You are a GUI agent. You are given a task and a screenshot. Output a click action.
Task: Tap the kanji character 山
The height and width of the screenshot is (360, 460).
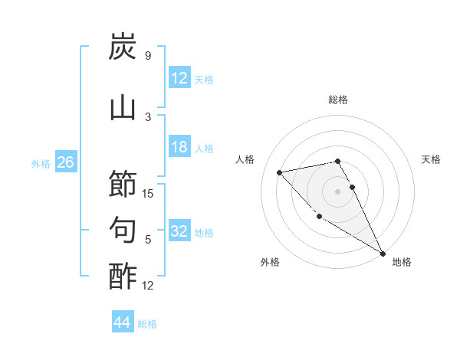[123, 108]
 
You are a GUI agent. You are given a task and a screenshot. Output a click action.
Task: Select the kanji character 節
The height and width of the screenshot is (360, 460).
[123, 185]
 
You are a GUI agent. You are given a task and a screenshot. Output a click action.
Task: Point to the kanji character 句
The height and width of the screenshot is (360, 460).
[123, 230]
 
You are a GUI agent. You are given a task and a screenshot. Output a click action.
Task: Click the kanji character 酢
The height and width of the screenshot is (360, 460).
[123, 276]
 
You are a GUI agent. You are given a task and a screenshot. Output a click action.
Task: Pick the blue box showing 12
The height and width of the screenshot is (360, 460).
[179, 79]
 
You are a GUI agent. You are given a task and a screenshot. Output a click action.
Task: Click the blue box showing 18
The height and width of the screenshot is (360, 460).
[179, 148]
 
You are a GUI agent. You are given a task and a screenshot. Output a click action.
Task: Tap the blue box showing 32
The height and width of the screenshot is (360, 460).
[179, 232]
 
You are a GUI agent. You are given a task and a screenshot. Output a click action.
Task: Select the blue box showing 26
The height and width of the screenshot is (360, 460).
[65, 162]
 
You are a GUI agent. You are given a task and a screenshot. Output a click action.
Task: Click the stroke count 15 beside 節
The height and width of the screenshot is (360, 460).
[149, 194]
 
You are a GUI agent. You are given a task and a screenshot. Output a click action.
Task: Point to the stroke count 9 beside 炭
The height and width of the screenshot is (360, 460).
[148, 56]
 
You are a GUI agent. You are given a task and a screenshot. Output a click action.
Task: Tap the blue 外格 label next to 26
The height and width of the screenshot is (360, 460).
[41, 163]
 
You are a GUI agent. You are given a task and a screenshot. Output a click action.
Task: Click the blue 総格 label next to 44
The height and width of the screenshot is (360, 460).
[147, 324]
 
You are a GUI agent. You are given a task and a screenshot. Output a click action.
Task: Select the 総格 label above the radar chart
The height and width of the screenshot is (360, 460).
[338, 100]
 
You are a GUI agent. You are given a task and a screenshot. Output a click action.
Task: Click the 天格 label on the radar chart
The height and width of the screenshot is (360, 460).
[432, 159]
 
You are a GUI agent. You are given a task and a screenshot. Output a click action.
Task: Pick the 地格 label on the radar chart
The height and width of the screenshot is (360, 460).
[402, 262]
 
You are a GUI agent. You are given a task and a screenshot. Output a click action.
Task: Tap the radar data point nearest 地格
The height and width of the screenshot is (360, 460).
[383, 253]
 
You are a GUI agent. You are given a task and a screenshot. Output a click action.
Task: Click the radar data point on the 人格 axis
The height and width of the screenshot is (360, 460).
[280, 172]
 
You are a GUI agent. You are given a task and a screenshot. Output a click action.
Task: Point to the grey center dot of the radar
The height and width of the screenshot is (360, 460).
[338, 191]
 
